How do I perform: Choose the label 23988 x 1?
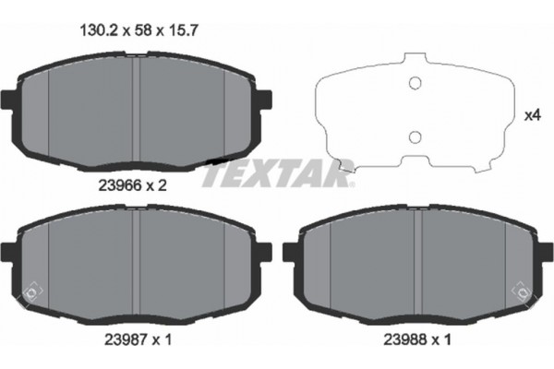[x=417, y=339]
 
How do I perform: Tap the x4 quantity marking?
[x=532, y=116]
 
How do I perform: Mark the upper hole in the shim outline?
[x=415, y=84]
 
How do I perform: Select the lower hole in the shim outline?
[x=415, y=137]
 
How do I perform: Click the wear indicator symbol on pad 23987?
[x=30, y=293]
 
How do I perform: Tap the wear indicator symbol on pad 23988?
[x=525, y=293]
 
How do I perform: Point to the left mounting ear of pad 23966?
[x=9, y=99]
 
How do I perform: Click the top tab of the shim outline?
[x=415, y=62]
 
